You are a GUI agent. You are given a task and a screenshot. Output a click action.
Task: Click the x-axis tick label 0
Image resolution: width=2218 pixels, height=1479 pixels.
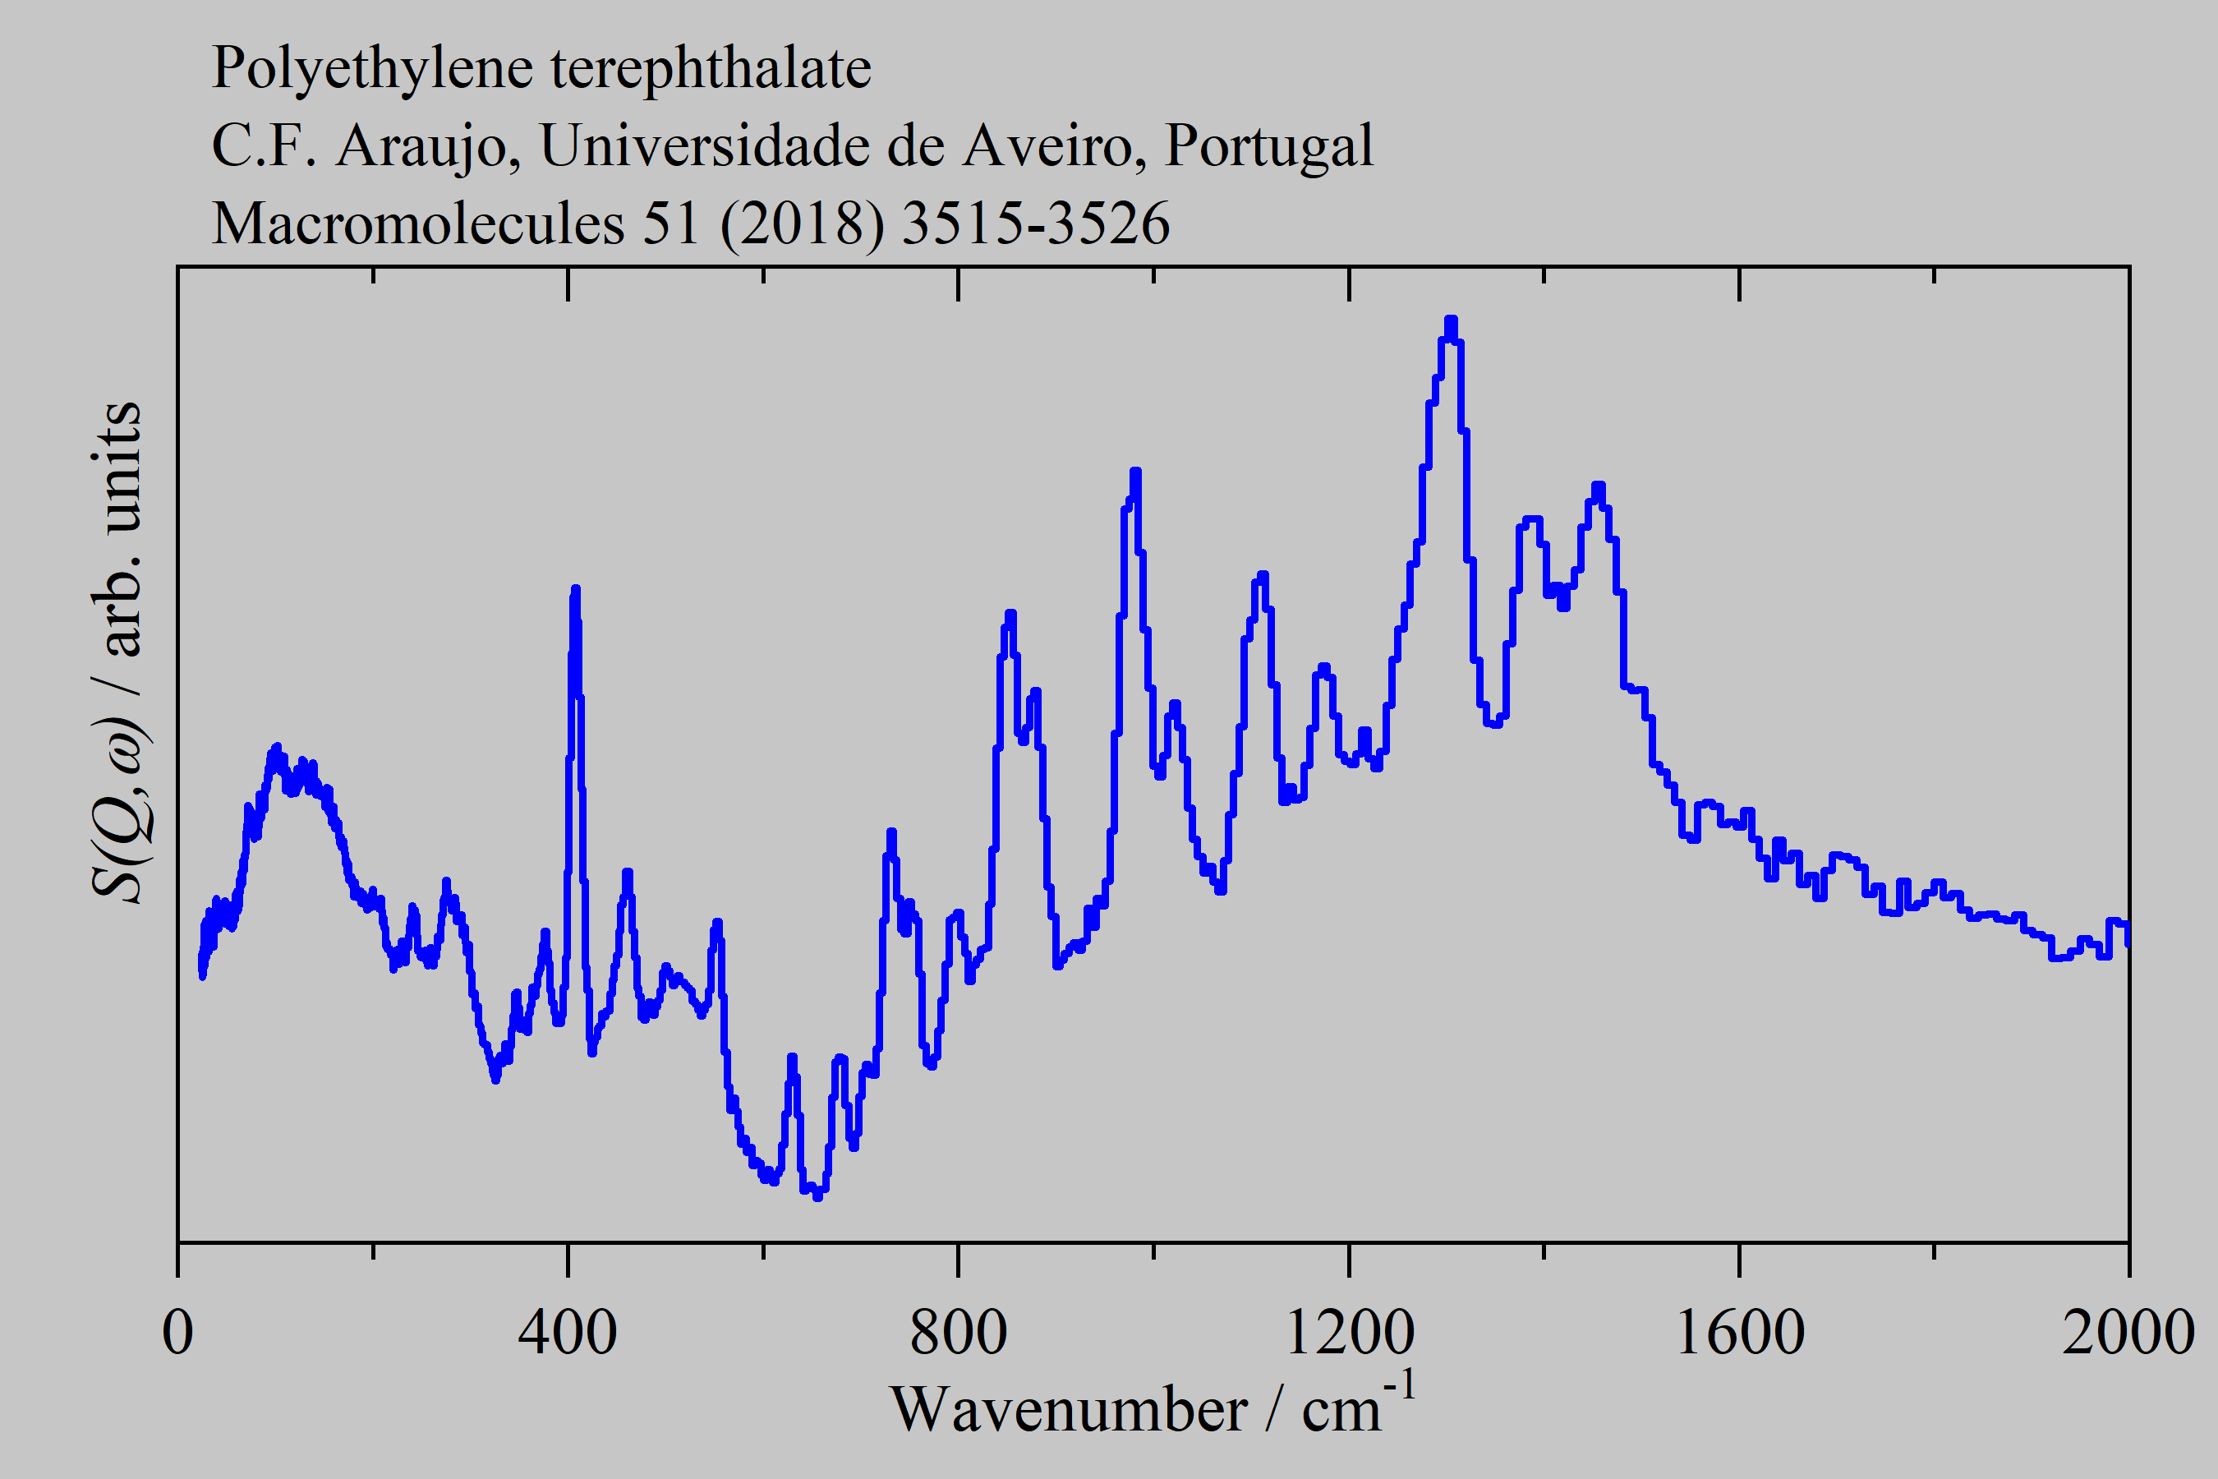(177, 1333)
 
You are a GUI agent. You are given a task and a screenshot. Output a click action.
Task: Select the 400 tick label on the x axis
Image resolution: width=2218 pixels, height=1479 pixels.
(568, 1333)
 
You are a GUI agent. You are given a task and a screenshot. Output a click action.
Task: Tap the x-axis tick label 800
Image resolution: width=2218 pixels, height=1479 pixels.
(958, 1333)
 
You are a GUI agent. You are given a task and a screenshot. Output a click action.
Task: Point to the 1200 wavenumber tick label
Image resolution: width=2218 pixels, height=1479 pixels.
(1349, 1333)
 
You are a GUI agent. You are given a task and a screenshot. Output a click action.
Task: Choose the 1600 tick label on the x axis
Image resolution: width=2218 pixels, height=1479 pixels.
(1739, 1333)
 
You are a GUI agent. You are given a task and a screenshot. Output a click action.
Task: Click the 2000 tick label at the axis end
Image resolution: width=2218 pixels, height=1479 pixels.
(2128, 1333)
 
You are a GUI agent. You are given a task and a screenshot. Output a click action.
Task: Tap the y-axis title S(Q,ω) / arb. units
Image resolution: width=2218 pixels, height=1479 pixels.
(117, 651)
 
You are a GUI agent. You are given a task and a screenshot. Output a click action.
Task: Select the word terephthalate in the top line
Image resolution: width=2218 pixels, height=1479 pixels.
(711, 68)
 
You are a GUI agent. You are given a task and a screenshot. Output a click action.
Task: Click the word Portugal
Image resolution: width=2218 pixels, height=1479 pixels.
(1268, 147)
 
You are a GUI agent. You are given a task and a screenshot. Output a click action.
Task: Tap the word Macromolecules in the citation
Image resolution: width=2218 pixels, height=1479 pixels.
(418, 224)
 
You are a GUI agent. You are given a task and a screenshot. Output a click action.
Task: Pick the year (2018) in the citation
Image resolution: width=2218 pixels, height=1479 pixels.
(802, 224)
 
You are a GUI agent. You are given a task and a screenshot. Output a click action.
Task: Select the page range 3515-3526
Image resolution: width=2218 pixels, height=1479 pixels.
(1035, 224)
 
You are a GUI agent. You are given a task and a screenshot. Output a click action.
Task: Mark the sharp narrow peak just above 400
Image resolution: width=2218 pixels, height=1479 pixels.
(575, 591)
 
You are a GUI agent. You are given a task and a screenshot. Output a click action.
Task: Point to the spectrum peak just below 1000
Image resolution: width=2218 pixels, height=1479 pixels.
(1135, 472)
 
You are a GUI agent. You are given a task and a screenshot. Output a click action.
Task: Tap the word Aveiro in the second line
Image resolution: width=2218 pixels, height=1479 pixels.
(1046, 145)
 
